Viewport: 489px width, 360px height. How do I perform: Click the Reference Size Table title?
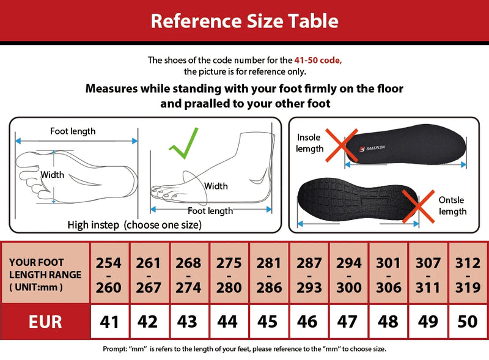point(244,21)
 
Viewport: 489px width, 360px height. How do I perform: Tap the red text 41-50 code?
point(318,60)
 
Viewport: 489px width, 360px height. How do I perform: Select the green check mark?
point(184,144)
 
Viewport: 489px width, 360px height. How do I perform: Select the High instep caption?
point(134,225)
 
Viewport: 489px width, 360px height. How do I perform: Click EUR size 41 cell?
point(109,321)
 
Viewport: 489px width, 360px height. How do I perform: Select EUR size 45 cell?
point(268,321)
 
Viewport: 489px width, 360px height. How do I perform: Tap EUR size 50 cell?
point(467,321)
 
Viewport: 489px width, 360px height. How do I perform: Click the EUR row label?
point(45,321)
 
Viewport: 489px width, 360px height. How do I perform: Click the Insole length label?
point(310,143)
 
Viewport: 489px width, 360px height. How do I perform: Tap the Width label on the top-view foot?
point(52,175)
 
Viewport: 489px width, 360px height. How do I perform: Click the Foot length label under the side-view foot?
point(210,211)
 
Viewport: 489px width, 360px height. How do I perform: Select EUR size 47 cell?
point(348,321)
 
